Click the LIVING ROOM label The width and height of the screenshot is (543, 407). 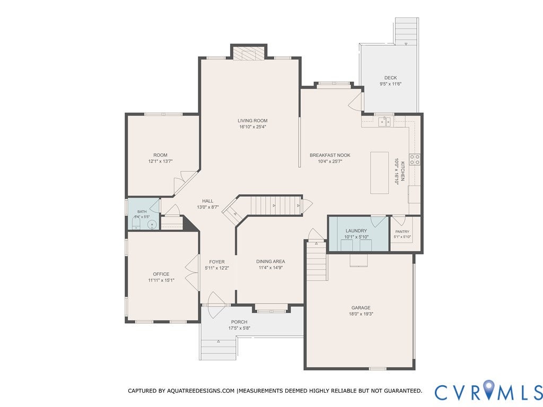click(252, 120)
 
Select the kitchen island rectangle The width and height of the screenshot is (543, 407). click(380, 172)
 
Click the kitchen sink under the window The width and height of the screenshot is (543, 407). click(384, 122)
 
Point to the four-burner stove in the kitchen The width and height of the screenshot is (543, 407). click(415, 160)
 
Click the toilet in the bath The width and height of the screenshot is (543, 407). click(136, 222)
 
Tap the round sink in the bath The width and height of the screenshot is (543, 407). click(152, 225)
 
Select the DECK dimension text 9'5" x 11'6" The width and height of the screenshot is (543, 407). click(390, 84)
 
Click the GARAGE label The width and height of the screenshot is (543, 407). click(361, 307)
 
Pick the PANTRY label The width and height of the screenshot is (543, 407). click(402, 231)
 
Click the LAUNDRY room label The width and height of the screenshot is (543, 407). click(356, 230)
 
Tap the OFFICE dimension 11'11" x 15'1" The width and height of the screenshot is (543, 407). click(161, 280)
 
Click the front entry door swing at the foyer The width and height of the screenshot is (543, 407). click(216, 305)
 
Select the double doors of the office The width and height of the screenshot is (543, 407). click(192, 273)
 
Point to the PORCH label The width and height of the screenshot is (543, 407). click(239, 322)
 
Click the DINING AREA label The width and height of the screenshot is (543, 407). click(270, 262)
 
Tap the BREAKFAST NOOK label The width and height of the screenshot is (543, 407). click(330, 155)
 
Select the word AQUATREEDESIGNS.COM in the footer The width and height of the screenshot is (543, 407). click(200, 391)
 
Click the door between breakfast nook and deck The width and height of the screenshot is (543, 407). click(356, 100)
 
